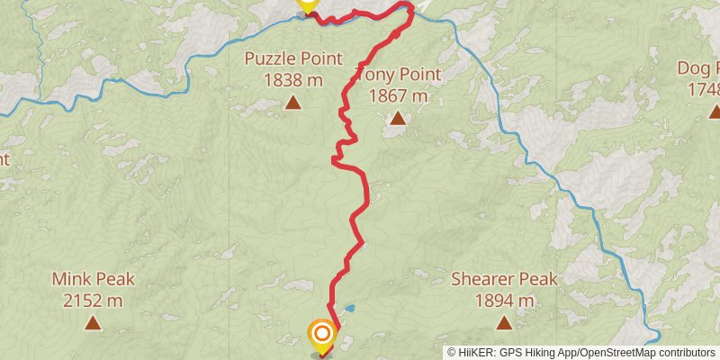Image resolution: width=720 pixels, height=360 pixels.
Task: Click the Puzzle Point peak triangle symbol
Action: click(x=293, y=103)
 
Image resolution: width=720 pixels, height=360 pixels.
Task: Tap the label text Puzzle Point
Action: click(x=293, y=59)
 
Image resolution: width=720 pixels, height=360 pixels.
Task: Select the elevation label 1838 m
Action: click(x=293, y=80)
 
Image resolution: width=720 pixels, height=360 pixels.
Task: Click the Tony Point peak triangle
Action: click(x=397, y=118)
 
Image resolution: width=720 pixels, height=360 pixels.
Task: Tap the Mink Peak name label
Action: click(x=86, y=279)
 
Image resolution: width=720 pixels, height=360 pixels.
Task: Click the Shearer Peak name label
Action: click(x=504, y=279)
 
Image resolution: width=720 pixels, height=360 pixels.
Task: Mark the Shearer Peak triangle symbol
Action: click(x=504, y=321)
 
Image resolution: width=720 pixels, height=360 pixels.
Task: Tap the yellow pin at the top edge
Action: click(x=308, y=4)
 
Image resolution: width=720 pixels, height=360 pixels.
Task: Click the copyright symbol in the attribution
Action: click(x=453, y=352)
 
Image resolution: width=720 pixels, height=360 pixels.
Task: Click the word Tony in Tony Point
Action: click(x=373, y=75)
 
